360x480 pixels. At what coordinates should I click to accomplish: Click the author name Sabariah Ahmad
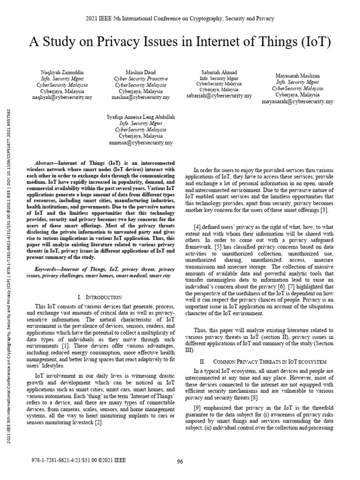coord(218,72)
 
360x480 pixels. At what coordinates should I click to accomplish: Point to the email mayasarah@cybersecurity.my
coord(298,101)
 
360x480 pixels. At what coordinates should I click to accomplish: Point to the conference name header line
coord(180,18)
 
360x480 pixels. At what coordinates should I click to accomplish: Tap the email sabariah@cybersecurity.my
coord(219,95)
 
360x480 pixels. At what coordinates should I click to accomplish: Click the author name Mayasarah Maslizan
coord(298,75)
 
